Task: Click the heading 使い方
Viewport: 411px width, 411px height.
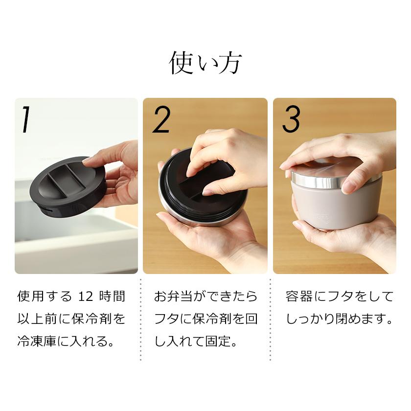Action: [x=205, y=63]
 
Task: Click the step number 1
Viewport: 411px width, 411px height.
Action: [x=25, y=119]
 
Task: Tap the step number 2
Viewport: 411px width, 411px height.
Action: [x=161, y=119]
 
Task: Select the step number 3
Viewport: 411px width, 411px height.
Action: [x=291, y=119]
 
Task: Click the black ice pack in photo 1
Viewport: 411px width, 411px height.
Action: [x=68, y=186]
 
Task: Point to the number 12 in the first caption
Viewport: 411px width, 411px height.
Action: [x=86, y=297]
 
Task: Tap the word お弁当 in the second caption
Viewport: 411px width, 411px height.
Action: [x=173, y=297]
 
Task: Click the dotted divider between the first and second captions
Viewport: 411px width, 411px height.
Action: [x=141, y=320]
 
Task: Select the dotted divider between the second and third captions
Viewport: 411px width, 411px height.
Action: [x=271, y=320]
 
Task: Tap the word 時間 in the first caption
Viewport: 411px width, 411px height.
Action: [x=112, y=297]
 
